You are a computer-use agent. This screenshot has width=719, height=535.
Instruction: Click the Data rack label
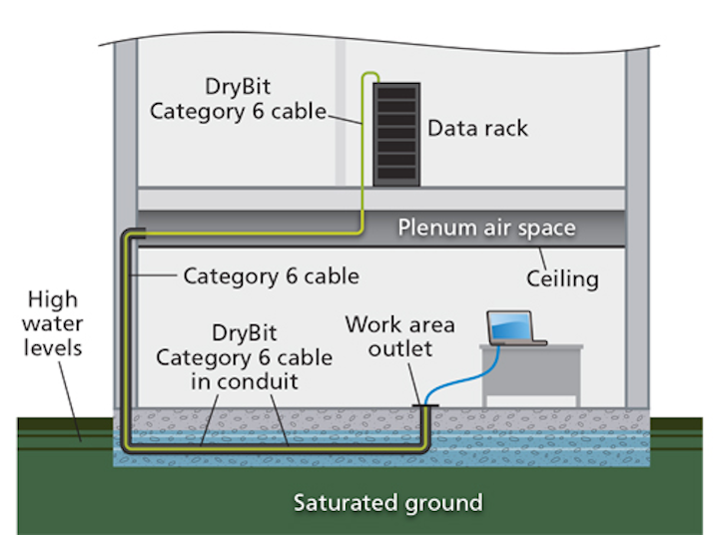pyautogui.click(x=477, y=129)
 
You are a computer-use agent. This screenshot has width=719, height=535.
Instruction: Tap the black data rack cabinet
pyautogui.click(x=396, y=133)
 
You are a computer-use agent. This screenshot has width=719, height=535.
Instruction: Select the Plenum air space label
pyautogui.click(x=486, y=228)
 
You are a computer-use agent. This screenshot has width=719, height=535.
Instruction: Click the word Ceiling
pyautogui.click(x=562, y=278)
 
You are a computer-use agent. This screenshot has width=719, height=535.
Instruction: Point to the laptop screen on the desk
pyautogui.click(x=510, y=326)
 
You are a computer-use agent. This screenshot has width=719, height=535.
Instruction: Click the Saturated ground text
pyautogui.click(x=387, y=501)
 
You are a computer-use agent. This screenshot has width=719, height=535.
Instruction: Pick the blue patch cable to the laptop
pyautogui.click(x=459, y=369)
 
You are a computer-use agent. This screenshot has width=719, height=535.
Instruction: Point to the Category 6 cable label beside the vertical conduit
pyautogui.click(x=271, y=275)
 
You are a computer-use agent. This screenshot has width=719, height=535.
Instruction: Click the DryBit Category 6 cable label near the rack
pyautogui.click(x=238, y=99)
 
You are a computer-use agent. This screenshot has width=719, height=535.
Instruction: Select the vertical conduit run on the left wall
pyautogui.click(x=128, y=339)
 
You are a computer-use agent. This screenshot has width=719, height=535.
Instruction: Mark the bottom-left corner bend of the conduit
pyautogui.click(x=129, y=450)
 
